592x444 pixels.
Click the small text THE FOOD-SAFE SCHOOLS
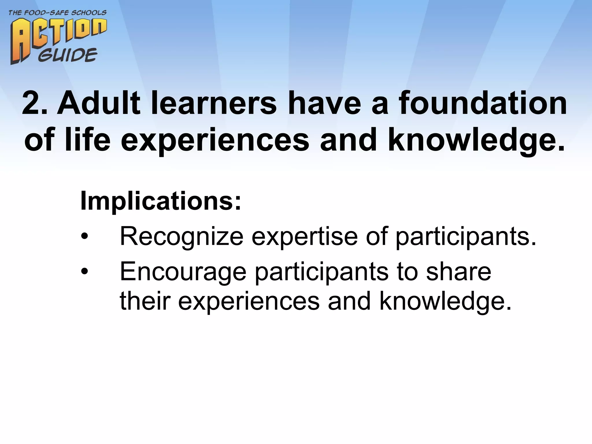pos(57,13)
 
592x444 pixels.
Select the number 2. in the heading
pos(34,103)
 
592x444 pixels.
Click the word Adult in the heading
pos(98,103)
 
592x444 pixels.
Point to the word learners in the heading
pos(213,103)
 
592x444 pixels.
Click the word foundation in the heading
pos(483,103)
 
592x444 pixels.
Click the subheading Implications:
pos(160,201)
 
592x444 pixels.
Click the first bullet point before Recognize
pos(84,237)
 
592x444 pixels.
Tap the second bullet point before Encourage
pos(84,272)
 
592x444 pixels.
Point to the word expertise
pos(305,236)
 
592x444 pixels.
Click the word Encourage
pos(183,272)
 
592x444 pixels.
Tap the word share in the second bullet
pos(458,272)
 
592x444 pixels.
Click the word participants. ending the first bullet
pos(466,236)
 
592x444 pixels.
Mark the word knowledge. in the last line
pos(445,301)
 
